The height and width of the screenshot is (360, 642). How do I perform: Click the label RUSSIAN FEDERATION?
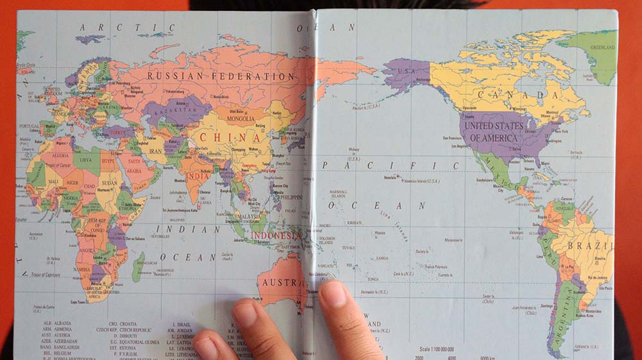[x=220, y=76]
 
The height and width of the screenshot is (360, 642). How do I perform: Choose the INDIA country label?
[x=198, y=176]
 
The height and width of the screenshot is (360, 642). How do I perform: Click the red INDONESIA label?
[x=275, y=236]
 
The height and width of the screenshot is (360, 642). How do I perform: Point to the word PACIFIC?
[x=392, y=165]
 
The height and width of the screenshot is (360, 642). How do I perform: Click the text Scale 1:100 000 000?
[x=451, y=349]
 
